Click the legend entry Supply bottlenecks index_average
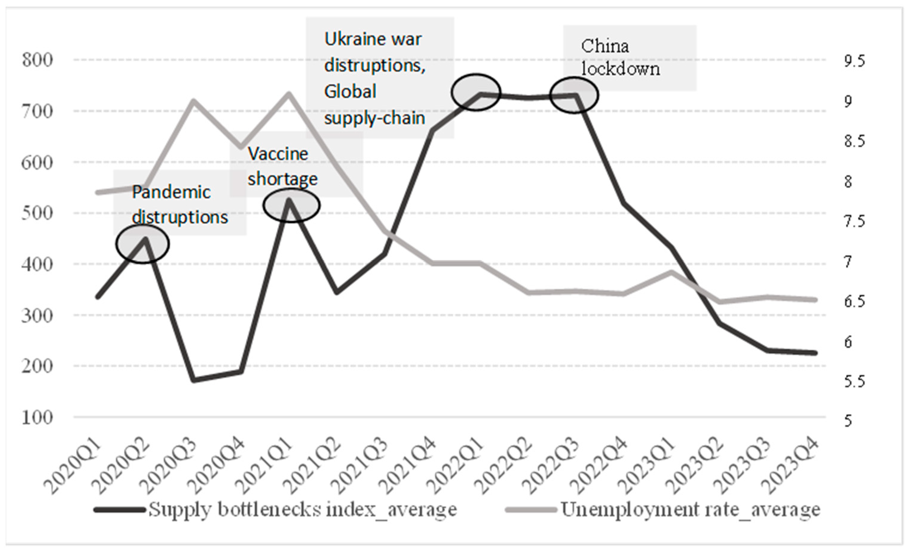[x=302, y=510]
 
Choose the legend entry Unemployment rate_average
[x=690, y=510]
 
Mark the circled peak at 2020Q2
[x=143, y=244]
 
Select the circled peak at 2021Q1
[x=291, y=205]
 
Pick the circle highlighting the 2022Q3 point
[x=574, y=95]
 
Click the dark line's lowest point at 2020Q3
[x=194, y=380]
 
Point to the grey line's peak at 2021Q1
[x=289, y=93]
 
